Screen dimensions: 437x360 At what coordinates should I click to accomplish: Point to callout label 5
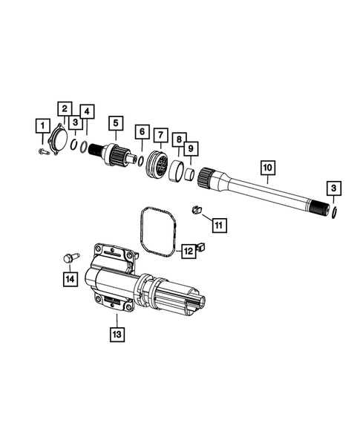pyautogui.click(x=115, y=123)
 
